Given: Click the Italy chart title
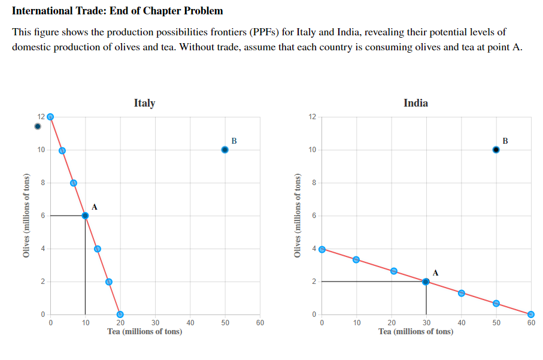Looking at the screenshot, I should (144, 103).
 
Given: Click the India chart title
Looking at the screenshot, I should (415, 103).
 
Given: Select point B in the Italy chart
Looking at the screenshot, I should (225, 150).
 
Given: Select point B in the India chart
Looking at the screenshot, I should (496, 150).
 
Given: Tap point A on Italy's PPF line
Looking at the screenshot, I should (85, 215).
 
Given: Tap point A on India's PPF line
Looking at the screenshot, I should (426, 282).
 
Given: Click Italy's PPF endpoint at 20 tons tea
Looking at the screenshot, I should (120, 314).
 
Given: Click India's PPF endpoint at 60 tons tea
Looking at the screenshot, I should (530, 314).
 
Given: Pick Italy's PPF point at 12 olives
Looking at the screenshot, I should (50, 117).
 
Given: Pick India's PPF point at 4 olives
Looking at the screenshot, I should (322, 249).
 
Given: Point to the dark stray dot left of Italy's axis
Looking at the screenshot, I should (38, 126).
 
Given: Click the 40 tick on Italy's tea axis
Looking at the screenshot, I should (190, 323).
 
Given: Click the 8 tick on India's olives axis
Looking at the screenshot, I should (313, 183).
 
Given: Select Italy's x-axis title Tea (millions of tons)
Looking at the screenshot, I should (144, 331).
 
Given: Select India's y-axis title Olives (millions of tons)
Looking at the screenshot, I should (297, 215).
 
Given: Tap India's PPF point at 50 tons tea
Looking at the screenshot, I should (496, 303).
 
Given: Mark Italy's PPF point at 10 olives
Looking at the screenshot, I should (62, 150).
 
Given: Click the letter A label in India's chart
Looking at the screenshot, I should (435, 273).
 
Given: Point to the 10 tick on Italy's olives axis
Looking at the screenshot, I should (41, 150).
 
